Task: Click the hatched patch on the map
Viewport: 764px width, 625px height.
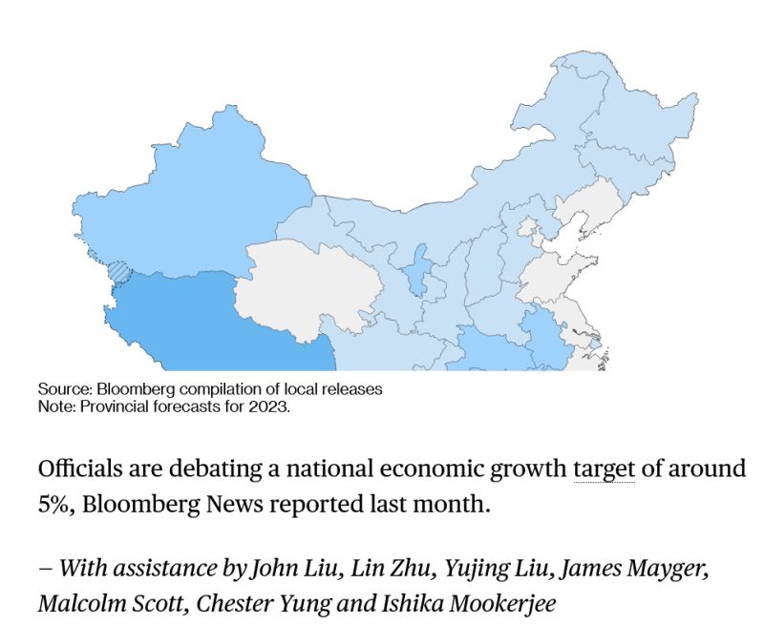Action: pos(117,272)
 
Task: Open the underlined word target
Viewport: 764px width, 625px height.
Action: pos(604,469)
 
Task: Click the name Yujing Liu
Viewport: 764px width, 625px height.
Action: pos(494,570)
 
